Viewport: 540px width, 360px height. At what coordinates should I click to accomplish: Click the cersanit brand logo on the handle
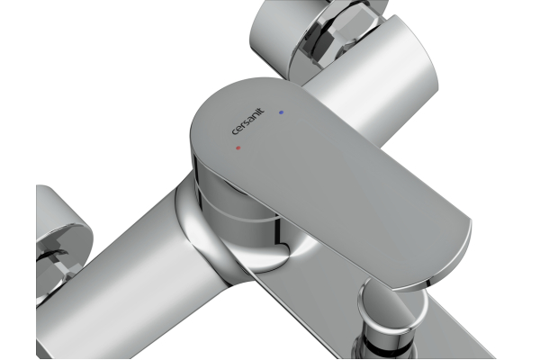point(248,121)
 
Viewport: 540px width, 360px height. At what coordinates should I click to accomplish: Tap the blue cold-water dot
point(282,112)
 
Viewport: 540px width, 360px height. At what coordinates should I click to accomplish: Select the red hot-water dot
point(238,148)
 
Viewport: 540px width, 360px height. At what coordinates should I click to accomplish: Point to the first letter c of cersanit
point(235,132)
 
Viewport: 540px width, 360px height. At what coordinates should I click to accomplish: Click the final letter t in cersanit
point(262,111)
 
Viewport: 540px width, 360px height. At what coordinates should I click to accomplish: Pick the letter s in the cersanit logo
point(246,123)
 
